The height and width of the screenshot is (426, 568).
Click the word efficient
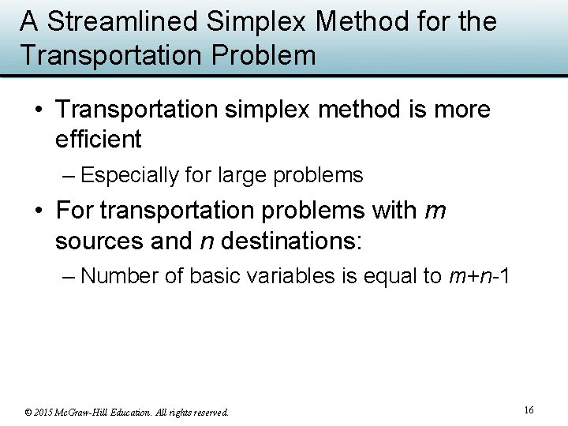(98, 140)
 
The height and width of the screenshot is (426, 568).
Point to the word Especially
(130, 175)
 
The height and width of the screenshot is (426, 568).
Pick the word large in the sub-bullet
(241, 175)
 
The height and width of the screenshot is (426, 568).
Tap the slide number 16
(529, 409)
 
